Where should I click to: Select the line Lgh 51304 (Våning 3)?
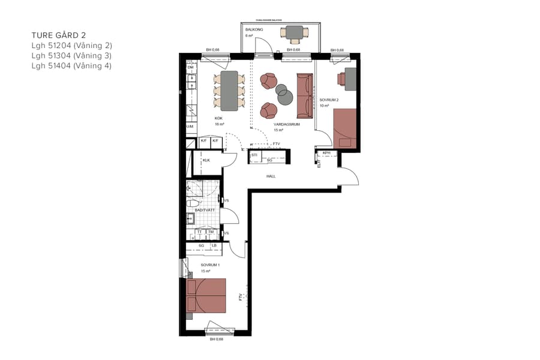tap(71, 56)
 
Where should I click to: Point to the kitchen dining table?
tap(229, 91)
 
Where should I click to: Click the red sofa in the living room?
tap(304, 96)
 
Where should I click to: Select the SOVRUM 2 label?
tap(329, 100)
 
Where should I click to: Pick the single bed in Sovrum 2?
tap(345, 128)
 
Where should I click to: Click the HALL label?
tap(271, 176)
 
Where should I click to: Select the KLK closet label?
tap(206, 160)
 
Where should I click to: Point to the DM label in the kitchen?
tap(190, 68)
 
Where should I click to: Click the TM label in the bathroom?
tap(211, 232)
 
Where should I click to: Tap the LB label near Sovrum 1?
tap(214, 245)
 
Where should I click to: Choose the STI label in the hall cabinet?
tap(254, 155)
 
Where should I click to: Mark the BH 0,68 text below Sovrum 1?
tap(217, 339)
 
